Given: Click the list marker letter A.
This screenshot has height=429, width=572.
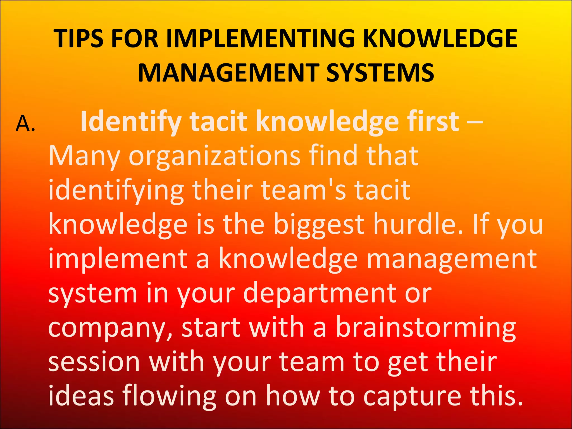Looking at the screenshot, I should (x=25, y=123).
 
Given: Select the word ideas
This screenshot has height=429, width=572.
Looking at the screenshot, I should (x=81, y=396).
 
